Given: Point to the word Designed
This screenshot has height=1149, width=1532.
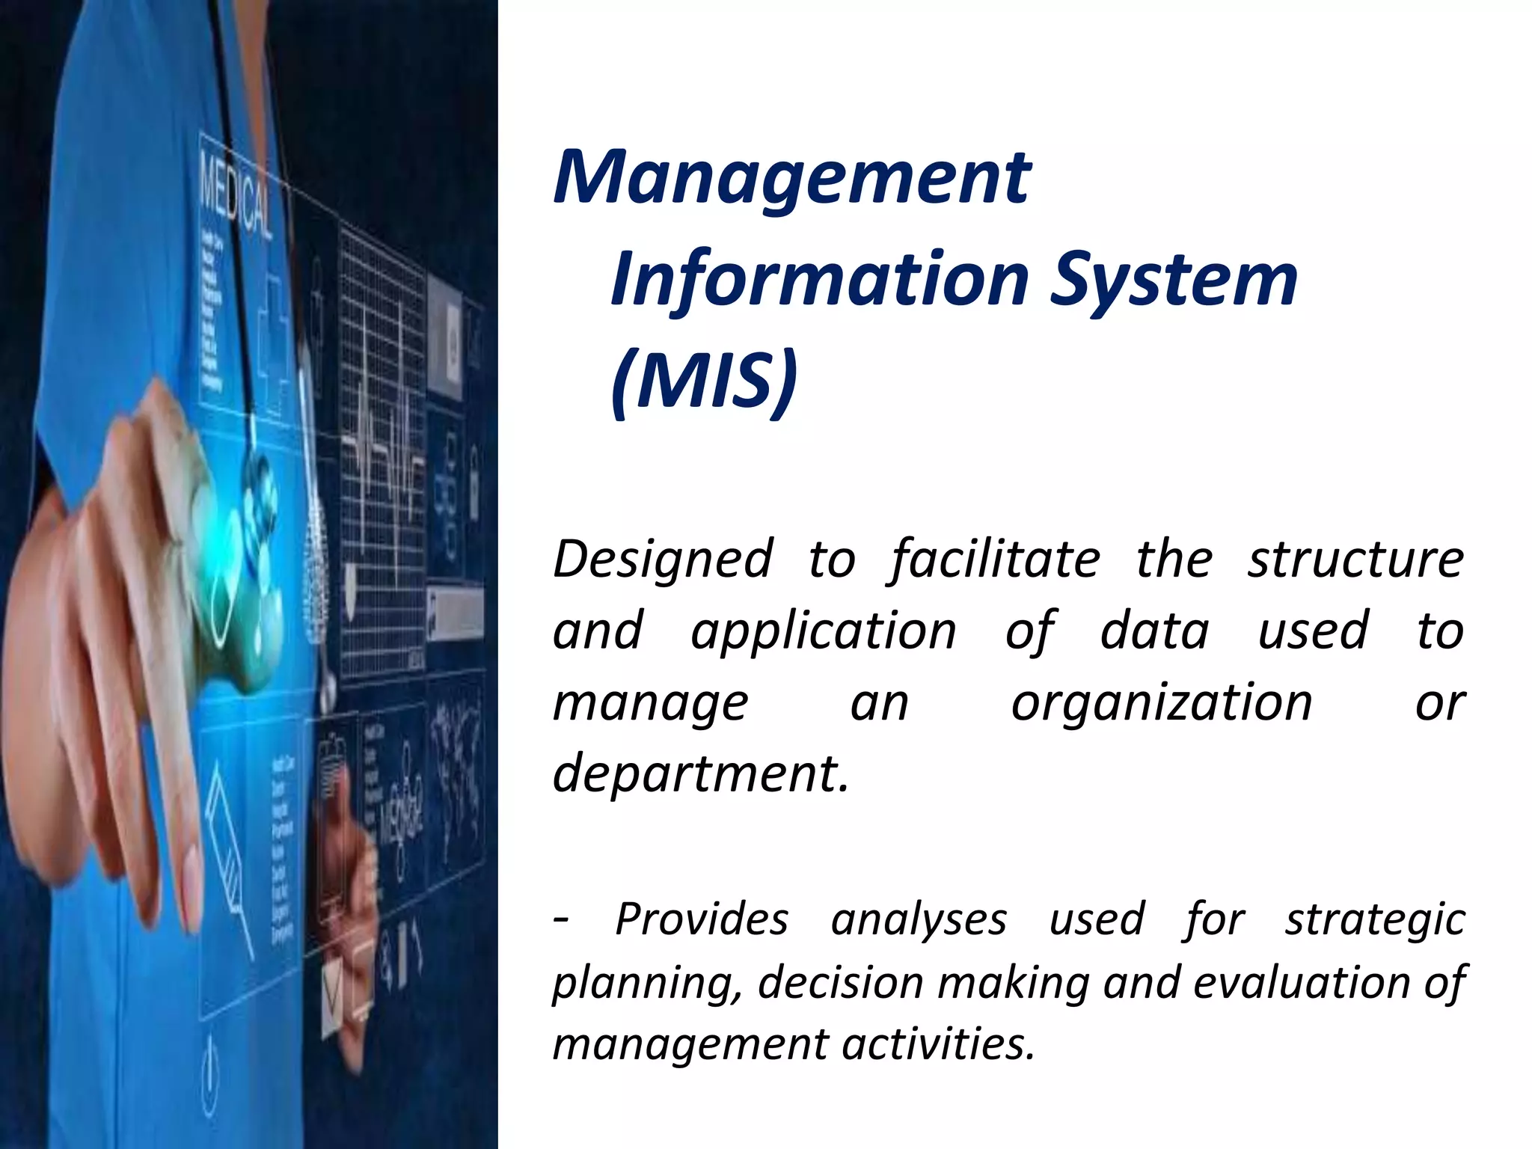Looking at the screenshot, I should coord(662,560).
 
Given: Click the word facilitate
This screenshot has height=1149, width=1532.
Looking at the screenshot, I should coord(996,560).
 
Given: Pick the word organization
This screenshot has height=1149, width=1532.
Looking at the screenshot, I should coord(1161,704).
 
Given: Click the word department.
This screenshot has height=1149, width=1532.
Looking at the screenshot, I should coord(700,773).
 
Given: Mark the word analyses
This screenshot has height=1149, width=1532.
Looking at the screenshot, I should coord(919,920).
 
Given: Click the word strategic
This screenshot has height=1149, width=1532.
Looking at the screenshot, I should coord(1375,920).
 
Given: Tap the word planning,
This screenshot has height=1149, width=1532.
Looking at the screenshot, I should coord(647,984).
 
